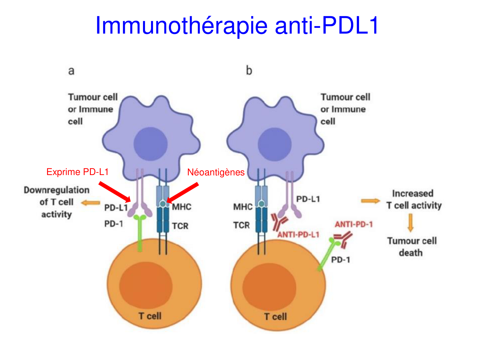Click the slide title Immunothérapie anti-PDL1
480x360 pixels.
tap(237, 26)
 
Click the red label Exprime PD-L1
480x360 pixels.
tap(77, 172)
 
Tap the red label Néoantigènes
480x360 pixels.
tap(216, 172)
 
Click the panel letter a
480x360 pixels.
tap(71, 71)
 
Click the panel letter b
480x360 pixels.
tap(249, 70)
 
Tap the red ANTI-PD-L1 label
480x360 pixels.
tap(298, 235)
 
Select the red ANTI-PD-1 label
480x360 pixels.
tap(354, 224)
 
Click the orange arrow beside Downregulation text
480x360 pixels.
tap(90, 203)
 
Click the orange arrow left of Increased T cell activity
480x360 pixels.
tap(370, 201)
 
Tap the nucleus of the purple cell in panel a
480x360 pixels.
tap(150, 144)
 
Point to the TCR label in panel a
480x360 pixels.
tap(180, 226)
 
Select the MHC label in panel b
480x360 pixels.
tap(243, 207)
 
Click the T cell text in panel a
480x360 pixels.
tap(150, 316)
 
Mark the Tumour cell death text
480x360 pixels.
tap(412, 247)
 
